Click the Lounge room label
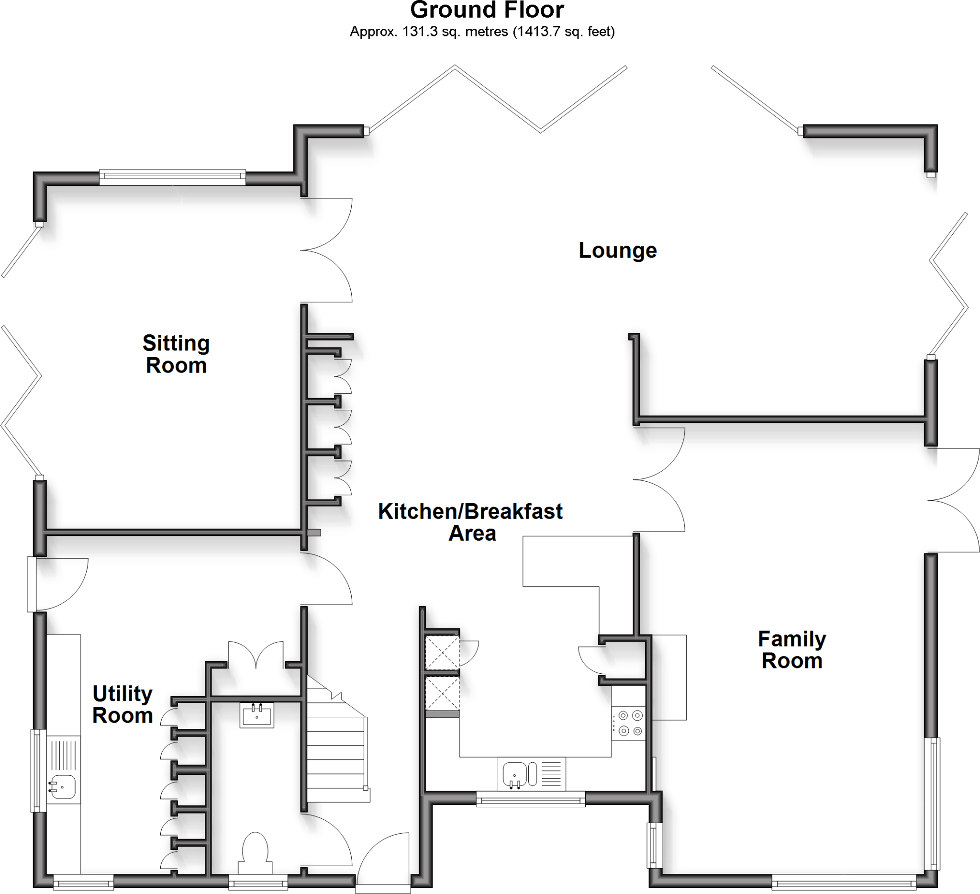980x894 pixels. click(x=617, y=251)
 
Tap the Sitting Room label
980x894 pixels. click(x=176, y=354)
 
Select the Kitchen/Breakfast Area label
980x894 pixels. click(x=470, y=522)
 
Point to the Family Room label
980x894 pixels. click(x=792, y=650)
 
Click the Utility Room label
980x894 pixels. click(x=122, y=704)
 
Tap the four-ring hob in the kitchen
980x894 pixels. click(x=629, y=723)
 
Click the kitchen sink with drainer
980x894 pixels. click(x=531, y=774)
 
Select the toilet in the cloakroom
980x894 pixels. click(x=255, y=852)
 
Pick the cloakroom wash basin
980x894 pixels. click(x=256, y=715)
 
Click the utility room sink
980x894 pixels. click(x=63, y=787)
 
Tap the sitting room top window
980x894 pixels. click(x=172, y=178)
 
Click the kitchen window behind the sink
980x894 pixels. click(x=530, y=799)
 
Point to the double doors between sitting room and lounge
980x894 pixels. click(x=326, y=250)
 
